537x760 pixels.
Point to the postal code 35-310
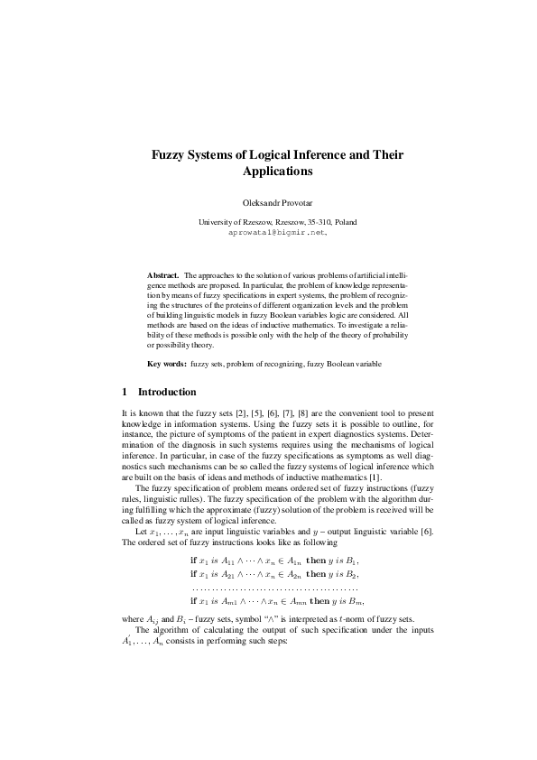(321, 221)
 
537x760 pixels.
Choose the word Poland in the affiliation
(346, 221)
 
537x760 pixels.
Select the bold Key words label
(167, 364)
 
